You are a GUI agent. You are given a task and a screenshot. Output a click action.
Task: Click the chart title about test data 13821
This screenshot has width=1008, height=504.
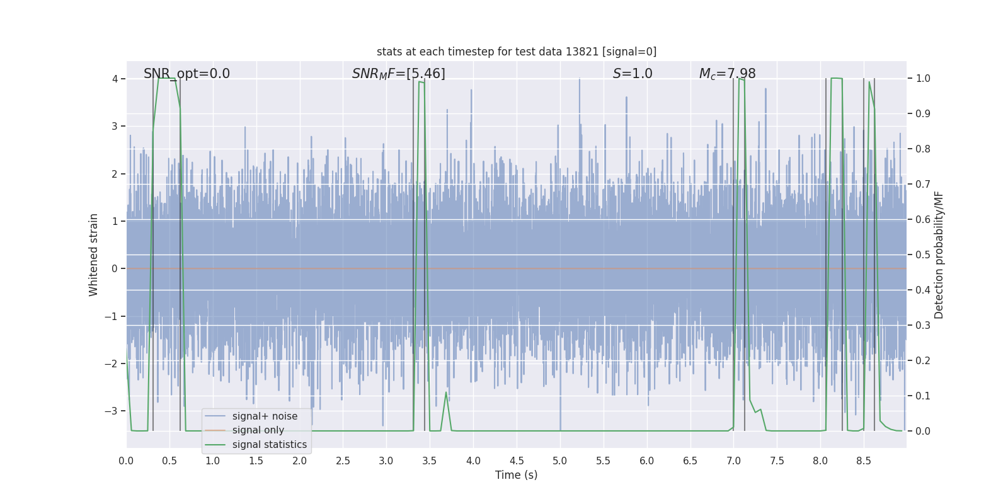[x=517, y=52]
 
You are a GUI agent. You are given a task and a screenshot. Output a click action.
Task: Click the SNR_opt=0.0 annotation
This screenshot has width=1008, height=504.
[x=186, y=74]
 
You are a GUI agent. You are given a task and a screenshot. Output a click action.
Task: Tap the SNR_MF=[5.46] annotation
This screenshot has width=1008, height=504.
[x=398, y=74]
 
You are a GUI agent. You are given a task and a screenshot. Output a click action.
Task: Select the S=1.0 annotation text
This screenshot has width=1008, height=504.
[x=633, y=74]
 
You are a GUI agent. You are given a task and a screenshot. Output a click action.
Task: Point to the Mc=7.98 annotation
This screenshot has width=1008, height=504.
[x=727, y=74]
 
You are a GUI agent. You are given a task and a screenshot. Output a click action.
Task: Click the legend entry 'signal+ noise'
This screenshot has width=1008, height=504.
[x=265, y=416]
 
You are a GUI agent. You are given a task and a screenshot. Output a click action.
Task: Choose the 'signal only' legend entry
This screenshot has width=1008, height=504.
[x=258, y=430]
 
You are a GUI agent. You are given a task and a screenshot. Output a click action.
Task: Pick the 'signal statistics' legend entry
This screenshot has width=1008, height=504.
[x=269, y=445]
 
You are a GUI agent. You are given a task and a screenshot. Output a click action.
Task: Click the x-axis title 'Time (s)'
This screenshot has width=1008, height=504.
[x=516, y=475]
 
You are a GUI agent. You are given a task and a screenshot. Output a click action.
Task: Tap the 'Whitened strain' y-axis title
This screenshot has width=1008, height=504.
[x=94, y=255]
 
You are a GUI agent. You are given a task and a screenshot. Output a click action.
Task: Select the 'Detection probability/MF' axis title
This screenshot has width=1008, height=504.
[x=939, y=255]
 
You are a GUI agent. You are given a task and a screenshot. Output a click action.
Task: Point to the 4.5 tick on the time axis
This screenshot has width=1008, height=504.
[x=517, y=461]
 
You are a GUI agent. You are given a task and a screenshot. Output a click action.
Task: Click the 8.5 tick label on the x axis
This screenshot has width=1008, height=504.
[x=864, y=461]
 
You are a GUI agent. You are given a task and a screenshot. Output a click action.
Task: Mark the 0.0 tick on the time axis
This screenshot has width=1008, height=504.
[x=126, y=461]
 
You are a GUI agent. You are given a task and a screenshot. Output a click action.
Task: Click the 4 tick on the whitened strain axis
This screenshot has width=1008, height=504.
[x=115, y=79]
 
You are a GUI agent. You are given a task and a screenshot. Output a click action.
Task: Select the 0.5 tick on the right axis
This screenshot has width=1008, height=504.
[x=922, y=255]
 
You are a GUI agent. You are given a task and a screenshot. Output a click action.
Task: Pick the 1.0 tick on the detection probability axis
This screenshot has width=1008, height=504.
[x=922, y=79]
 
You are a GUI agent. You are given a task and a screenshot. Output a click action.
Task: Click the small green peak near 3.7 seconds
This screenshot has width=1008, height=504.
[x=446, y=393]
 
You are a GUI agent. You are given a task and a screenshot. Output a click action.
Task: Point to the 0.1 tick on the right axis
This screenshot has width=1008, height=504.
[x=922, y=396]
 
